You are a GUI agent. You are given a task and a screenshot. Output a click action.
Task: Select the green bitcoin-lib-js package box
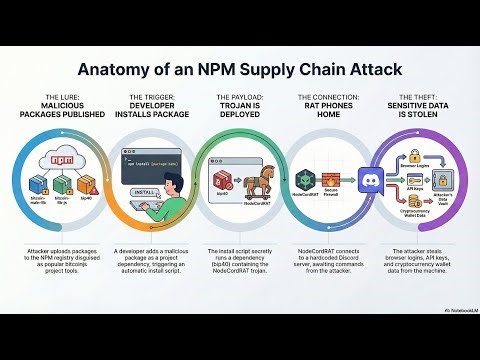(61, 185)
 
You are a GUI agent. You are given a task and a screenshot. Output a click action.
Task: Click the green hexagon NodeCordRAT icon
(305, 179)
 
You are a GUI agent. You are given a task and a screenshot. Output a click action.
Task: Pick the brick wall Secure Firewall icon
(332, 179)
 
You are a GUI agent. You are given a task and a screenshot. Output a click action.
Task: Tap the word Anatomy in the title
(107, 71)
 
